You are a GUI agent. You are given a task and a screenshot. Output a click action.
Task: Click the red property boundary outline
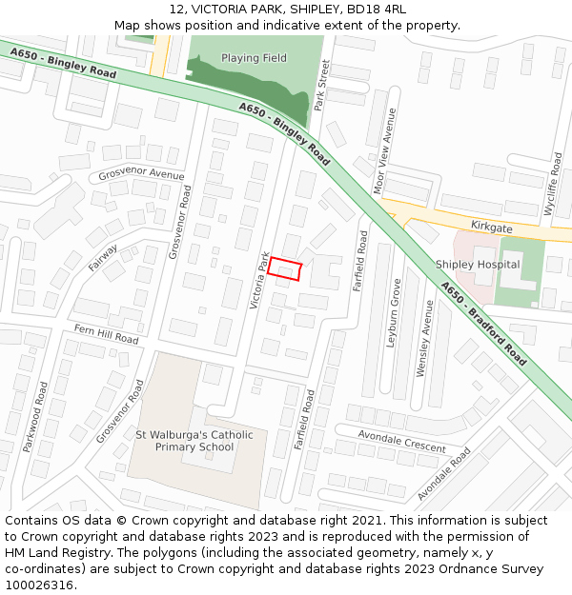[x=285, y=268]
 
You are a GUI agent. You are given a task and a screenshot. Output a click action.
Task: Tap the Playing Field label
[x=254, y=58]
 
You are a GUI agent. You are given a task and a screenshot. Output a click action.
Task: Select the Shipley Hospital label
[x=478, y=264]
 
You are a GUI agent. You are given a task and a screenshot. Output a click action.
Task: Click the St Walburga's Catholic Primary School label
[x=194, y=441]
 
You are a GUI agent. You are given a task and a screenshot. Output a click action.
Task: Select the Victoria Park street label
[x=258, y=280]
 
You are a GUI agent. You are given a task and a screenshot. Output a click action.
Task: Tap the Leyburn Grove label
[x=394, y=312]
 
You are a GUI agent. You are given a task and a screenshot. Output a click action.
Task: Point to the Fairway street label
[x=104, y=258]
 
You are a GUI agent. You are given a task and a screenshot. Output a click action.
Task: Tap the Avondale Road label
[x=444, y=474]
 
